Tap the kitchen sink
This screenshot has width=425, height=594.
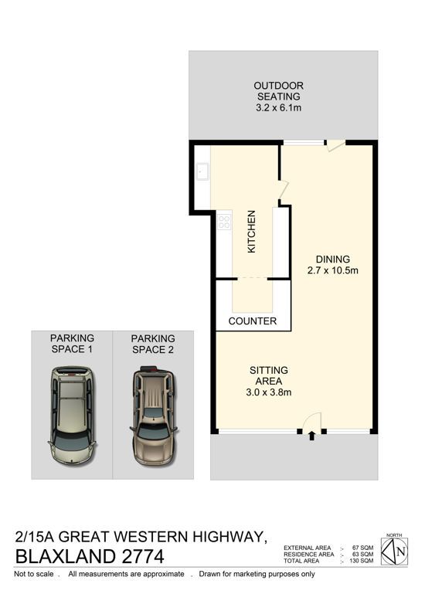point(202,171)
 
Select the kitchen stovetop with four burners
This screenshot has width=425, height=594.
point(224,222)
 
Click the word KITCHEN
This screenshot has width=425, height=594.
point(251,232)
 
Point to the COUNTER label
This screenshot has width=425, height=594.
point(253,321)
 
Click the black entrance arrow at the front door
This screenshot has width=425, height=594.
point(311,436)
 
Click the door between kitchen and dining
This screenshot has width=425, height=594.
point(284,190)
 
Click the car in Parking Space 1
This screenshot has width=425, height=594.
point(72,415)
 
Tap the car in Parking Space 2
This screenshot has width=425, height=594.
point(154,416)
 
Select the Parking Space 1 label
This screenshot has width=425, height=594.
point(72,343)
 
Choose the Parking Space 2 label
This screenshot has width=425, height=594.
point(153,344)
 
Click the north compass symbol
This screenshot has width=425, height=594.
point(394,552)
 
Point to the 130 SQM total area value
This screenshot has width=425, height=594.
point(362,561)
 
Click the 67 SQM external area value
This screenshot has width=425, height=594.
point(363,548)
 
